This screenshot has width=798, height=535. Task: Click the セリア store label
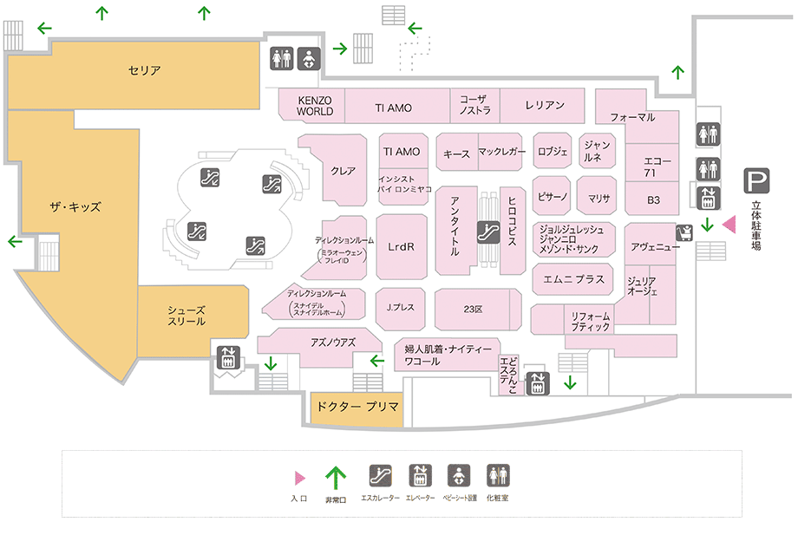(144, 70)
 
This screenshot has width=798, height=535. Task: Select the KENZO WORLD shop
(315, 107)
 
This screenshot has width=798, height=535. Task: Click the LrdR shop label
(402, 246)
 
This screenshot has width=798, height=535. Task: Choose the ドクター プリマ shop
(356, 407)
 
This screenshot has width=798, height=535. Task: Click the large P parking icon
(756, 182)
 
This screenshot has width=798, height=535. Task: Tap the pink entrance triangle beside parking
(729, 225)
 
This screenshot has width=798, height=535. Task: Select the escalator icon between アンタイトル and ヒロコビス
(487, 232)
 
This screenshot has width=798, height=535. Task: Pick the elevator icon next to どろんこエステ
(538, 382)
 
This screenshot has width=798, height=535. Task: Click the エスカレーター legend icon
(380, 475)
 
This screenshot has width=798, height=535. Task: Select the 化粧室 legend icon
(498, 475)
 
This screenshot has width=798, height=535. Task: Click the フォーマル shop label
(632, 117)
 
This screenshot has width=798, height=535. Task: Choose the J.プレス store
(402, 307)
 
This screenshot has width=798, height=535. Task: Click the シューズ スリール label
(186, 314)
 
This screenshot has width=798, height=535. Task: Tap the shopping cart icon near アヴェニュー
(684, 233)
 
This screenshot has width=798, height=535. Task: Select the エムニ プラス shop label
(573, 280)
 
